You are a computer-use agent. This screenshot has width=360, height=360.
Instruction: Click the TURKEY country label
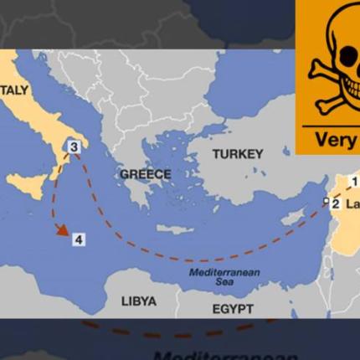point(237,154)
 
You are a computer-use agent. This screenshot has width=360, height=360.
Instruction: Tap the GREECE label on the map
point(145,174)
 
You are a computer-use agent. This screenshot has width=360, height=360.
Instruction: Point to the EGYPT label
point(232,309)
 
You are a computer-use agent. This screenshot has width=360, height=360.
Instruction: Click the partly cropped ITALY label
point(14,90)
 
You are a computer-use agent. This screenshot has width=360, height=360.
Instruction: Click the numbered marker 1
point(353,181)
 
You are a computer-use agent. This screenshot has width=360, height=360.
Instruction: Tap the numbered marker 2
point(335,203)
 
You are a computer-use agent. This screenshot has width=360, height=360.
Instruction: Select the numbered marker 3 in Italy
point(74,147)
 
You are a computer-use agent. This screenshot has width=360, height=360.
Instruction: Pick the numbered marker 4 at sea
point(78,239)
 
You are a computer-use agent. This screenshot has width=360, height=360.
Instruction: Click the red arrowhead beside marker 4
point(62,231)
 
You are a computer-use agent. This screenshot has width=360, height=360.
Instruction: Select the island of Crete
point(175,228)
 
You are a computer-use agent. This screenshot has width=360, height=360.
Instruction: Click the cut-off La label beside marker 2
point(352,203)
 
